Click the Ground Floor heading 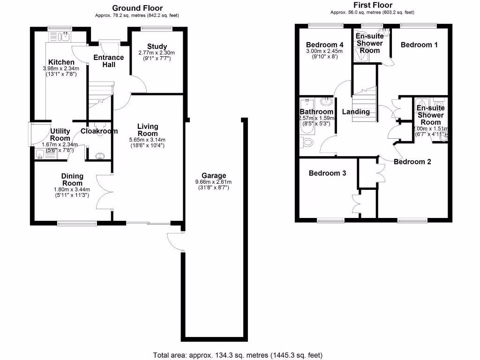137,8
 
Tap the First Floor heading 372,5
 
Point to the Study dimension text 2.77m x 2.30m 157,53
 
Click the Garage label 214,176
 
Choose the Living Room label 148,130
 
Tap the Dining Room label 72,180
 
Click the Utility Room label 60,135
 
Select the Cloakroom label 99,131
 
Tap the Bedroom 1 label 419,45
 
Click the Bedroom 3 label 327,173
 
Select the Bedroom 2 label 412,162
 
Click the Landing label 356,112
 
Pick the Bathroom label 317,112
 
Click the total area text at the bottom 238,355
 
